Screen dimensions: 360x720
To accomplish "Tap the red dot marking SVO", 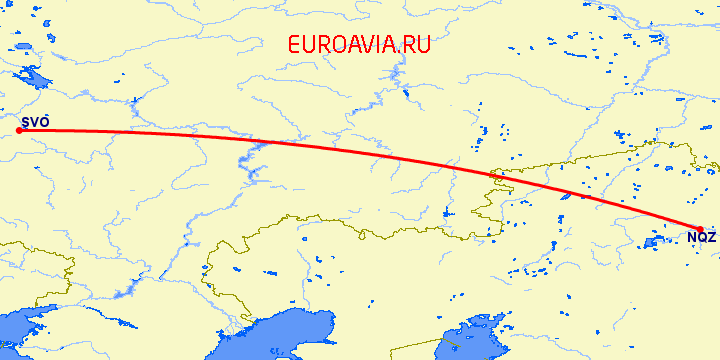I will coord(20,130).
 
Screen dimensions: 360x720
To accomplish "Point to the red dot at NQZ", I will coord(700,229).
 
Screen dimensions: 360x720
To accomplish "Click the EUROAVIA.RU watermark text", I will coord(358,44).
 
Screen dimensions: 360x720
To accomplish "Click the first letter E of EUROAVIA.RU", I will coord(293,44).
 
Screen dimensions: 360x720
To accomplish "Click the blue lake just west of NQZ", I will coord(655,241).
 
